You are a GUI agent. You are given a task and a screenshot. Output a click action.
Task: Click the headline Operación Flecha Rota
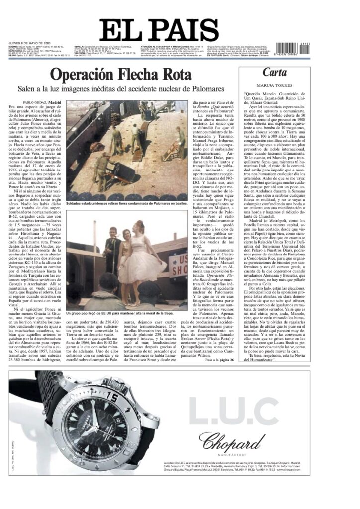[121, 75]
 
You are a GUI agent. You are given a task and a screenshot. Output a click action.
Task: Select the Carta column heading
[275, 73]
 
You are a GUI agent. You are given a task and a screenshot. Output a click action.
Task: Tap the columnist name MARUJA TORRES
[275, 84]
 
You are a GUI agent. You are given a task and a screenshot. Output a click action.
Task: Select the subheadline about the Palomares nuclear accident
[121, 89]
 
